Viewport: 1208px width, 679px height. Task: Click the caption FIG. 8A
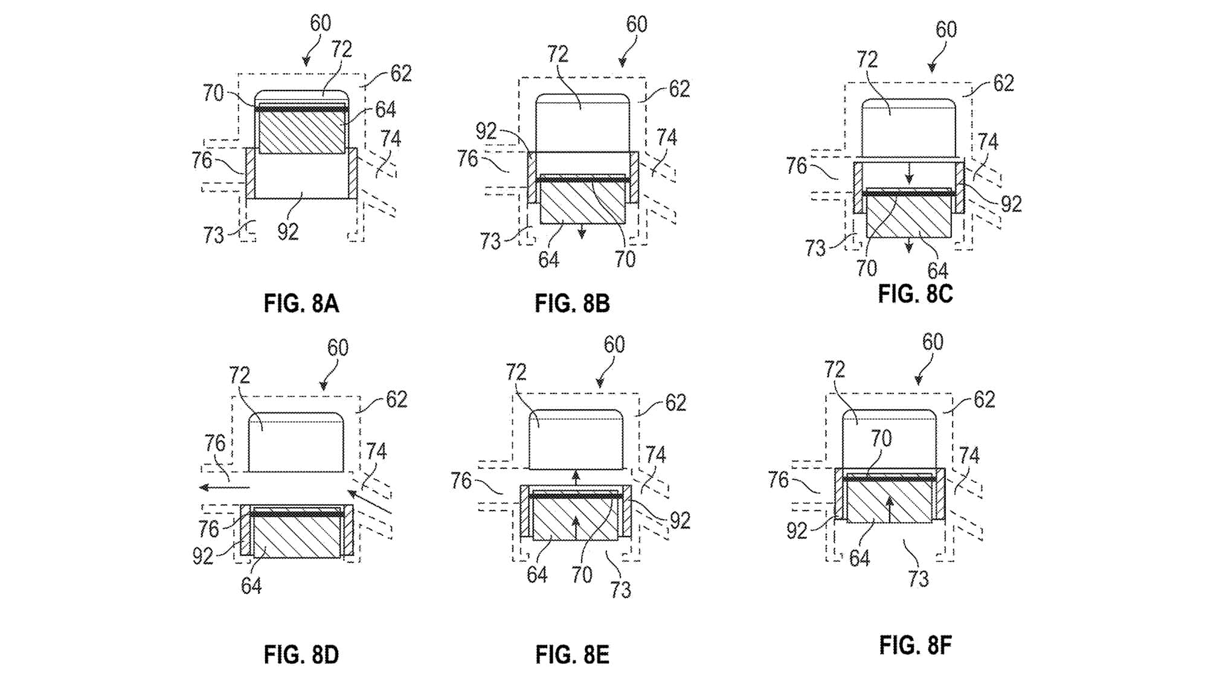pos(301,303)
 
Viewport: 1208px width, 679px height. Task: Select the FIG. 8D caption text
pos(301,654)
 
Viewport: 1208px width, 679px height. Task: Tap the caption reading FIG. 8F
pos(915,645)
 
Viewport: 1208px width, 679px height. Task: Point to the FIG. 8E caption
pos(572,654)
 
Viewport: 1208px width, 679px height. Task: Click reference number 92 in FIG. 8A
pos(288,231)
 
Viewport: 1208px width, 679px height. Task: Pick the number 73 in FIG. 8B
pos(490,241)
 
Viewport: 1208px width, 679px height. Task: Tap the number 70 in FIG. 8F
pos(881,438)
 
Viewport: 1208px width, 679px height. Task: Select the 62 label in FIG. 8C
pos(1003,83)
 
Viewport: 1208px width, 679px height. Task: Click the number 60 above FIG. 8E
pos(614,345)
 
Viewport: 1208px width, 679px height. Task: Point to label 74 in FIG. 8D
pos(376,451)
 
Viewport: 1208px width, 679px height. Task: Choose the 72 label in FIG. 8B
pos(557,54)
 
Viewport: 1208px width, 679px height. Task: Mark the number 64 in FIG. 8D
pos(251,585)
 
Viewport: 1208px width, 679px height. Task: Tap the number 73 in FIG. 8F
pos(918,579)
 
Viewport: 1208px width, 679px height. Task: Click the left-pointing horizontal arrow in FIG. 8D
pos(224,487)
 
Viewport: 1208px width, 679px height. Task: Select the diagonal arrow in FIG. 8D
pos(370,502)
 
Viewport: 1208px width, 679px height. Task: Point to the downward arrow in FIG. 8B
pos(582,231)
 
